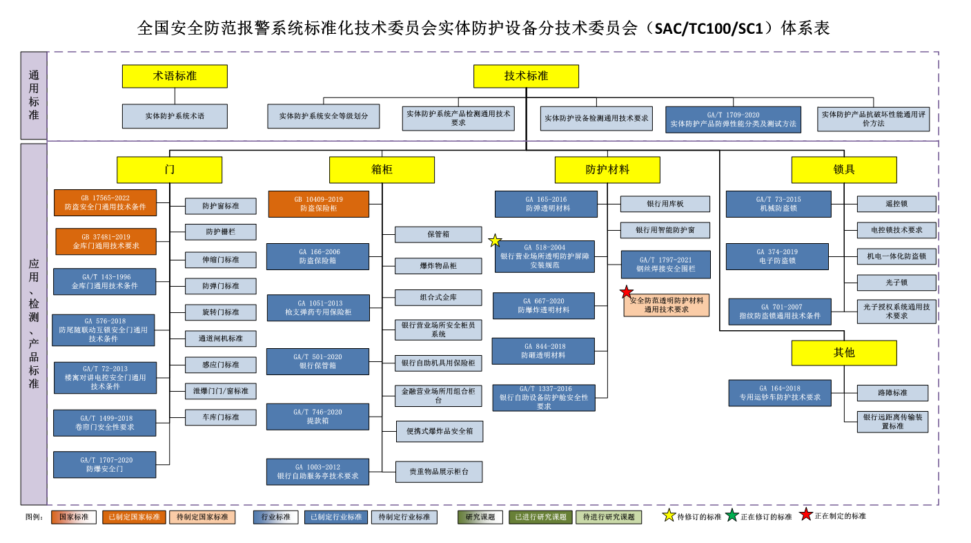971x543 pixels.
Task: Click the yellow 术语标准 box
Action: tap(175, 76)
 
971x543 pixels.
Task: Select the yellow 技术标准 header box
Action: tap(526, 76)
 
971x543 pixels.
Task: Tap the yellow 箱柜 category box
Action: tap(382, 169)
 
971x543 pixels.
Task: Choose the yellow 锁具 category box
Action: tap(843, 169)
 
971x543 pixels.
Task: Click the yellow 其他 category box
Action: tap(843, 352)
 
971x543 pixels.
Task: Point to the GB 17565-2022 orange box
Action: tap(106, 202)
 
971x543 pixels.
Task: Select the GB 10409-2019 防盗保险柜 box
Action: tap(318, 204)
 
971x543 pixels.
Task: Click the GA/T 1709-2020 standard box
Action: tap(733, 120)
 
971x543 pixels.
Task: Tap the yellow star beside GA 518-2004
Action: tap(495, 240)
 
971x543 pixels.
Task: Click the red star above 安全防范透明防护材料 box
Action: tap(627, 292)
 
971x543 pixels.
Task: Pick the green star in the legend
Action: tap(732, 515)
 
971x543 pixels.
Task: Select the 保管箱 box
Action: tap(438, 234)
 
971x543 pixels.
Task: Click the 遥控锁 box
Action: tap(896, 204)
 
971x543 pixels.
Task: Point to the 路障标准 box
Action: tap(892, 392)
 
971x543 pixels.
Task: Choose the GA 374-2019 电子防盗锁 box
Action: tap(777, 256)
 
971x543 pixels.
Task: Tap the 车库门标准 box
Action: tap(220, 417)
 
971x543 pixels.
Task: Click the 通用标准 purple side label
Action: tap(34, 95)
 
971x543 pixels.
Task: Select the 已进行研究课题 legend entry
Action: tap(540, 517)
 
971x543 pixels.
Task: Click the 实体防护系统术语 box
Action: tap(175, 116)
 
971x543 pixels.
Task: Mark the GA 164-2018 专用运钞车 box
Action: tap(780, 393)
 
